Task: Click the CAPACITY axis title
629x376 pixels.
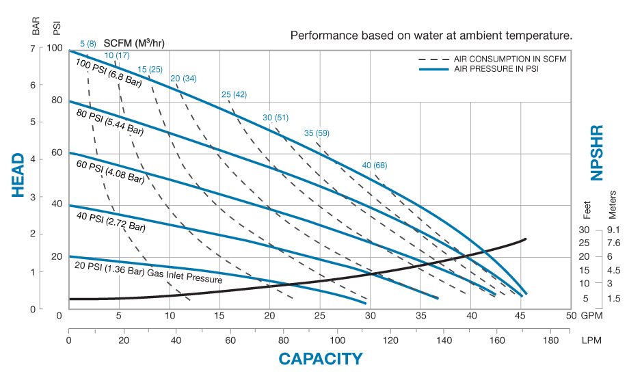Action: click(320, 358)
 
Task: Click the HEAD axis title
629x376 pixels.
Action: click(19, 175)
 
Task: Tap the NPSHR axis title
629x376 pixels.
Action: click(597, 152)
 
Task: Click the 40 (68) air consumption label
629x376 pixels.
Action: click(375, 165)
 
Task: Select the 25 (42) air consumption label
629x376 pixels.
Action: click(234, 94)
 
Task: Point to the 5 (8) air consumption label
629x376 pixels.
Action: click(88, 44)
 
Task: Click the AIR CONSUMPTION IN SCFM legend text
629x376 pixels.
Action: click(520, 59)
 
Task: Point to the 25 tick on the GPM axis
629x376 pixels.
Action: click(319, 317)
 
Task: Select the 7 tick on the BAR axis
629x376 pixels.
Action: click(32, 49)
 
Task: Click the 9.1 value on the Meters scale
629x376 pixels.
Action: click(613, 230)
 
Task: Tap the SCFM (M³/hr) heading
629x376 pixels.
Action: click(134, 43)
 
